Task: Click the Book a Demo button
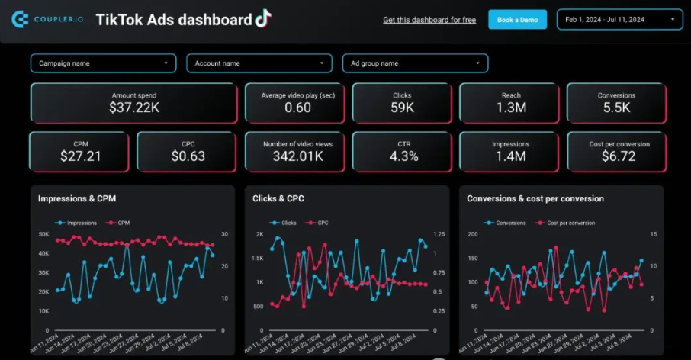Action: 517,19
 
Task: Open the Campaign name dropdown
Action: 104,63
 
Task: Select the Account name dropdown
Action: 259,63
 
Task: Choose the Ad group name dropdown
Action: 415,63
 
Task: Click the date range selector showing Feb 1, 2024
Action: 620,19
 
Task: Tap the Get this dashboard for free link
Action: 429,20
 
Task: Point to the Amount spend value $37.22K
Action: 133,108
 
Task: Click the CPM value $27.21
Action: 80,156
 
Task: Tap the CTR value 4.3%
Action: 403,156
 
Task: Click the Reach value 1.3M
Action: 511,108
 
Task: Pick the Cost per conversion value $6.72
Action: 619,156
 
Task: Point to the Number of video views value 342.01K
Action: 297,156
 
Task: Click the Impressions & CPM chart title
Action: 77,198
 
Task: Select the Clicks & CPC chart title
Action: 278,198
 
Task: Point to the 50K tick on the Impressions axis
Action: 43,233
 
